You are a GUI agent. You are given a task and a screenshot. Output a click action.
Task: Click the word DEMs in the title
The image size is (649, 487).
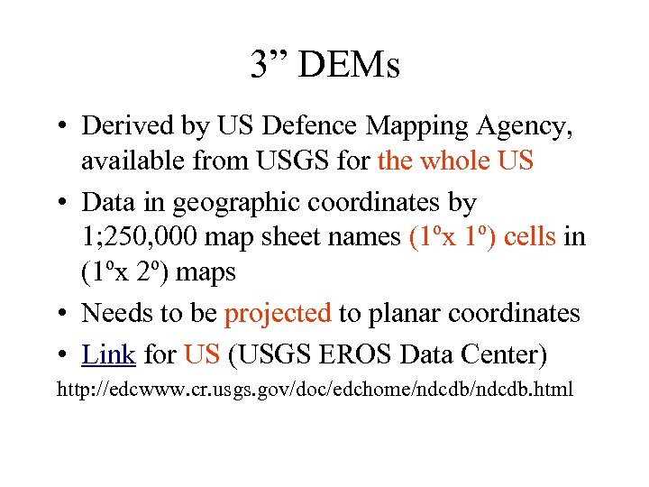tap(348, 65)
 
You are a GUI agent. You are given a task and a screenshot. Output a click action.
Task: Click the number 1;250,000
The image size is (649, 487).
tap(141, 237)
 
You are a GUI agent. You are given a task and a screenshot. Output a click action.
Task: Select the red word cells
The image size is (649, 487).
tap(533, 237)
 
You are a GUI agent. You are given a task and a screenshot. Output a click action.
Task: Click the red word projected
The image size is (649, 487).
tap(279, 313)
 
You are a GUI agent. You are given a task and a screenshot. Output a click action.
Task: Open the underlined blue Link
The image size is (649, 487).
tap(108, 354)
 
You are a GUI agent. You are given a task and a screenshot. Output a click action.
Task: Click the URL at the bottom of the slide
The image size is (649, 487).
tap(315, 391)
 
